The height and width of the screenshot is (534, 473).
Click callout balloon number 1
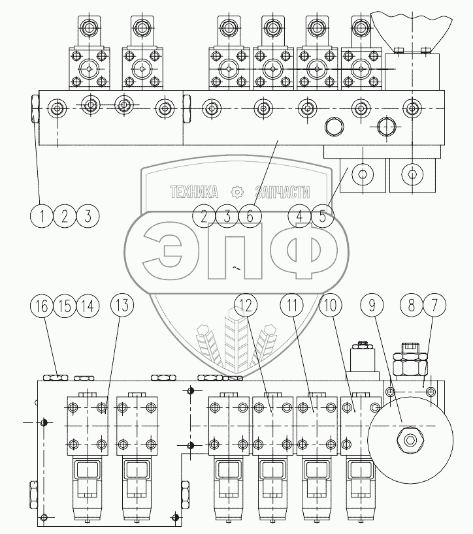pyautogui.click(x=42, y=216)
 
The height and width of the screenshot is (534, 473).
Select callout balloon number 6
pyautogui.click(x=250, y=216)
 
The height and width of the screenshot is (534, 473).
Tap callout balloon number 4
pyautogui.click(x=299, y=216)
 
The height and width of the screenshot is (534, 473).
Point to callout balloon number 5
pyautogui.click(x=322, y=216)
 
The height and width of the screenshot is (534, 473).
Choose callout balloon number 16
pyautogui.click(x=42, y=306)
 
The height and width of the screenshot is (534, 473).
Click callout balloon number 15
pyautogui.click(x=65, y=306)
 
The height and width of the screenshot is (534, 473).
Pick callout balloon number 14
pyautogui.click(x=88, y=306)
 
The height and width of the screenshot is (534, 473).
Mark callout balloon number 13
pyautogui.click(x=122, y=305)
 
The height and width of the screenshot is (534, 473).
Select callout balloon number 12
pyautogui.click(x=246, y=305)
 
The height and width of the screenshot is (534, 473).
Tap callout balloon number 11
pyautogui.click(x=292, y=305)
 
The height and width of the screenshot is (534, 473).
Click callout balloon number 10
pyautogui.click(x=330, y=305)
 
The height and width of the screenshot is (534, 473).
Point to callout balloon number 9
pyautogui.click(x=372, y=305)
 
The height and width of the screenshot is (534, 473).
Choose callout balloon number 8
pyautogui.click(x=412, y=305)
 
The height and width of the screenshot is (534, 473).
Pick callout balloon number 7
pyautogui.click(x=434, y=305)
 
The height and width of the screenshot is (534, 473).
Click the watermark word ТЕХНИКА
pyautogui.click(x=194, y=192)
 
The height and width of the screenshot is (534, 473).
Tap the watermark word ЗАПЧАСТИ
pyautogui.click(x=282, y=192)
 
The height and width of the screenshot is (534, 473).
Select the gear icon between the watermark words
pyautogui.click(x=236, y=192)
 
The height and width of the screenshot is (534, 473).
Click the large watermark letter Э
pyautogui.click(x=163, y=250)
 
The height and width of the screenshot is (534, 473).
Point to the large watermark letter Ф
pyautogui.click(x=304, y=250)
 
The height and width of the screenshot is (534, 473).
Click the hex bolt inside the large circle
pyautogui.click(x=410, y=441)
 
